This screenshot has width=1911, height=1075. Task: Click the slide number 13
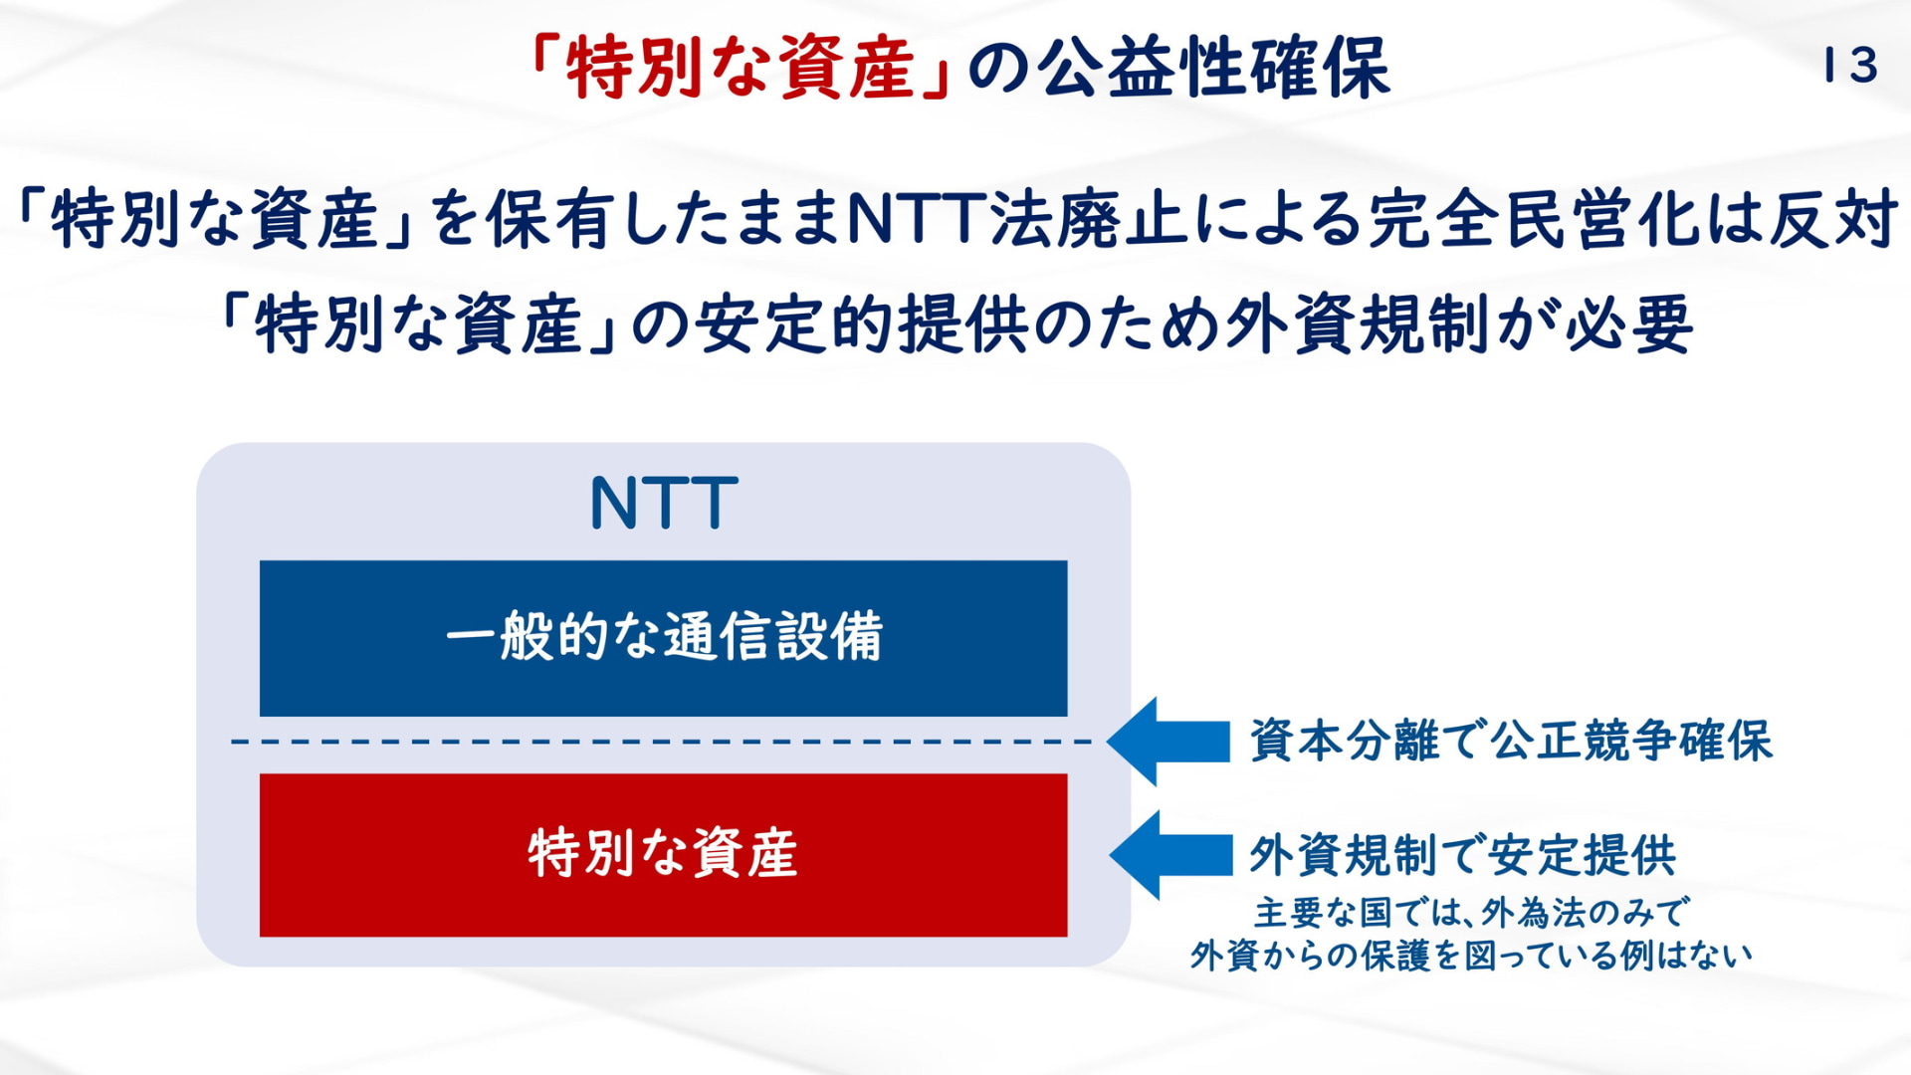tap(1850, 66)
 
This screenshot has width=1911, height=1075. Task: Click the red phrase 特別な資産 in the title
tap(741, 68)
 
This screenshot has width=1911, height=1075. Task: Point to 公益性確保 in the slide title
tap(1214, 68)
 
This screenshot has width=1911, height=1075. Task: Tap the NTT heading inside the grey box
tap(664, 503)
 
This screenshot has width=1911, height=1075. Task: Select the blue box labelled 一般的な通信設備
tap(663, 638)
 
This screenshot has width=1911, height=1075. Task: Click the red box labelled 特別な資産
tap(663, 855)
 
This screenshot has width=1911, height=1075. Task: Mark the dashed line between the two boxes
tap(662, 742)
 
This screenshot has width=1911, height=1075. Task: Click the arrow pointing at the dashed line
tap(1168, 742)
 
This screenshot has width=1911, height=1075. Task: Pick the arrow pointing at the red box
tap(1170, 855)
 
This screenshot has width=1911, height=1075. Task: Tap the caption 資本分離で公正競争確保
tap(1511, 741)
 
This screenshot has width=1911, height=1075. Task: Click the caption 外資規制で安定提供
tap(1463, 855)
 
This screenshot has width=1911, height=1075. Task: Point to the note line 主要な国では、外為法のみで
tap(1471, 912)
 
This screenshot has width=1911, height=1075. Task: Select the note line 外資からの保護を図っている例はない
tap(1471, 956)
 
